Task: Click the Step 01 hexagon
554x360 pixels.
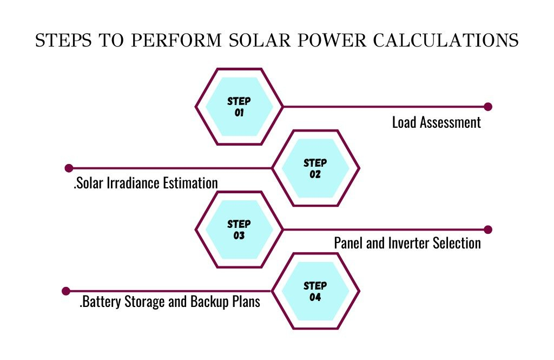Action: point(239,107)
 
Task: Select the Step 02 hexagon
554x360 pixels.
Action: point(315,168)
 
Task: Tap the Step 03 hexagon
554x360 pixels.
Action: point(239,230)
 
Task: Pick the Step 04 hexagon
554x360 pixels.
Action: point(315,291)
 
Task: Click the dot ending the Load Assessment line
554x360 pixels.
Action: point(488,107)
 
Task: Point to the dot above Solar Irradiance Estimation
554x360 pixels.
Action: point(69,168)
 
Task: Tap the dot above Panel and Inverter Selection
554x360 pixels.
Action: point(488,230)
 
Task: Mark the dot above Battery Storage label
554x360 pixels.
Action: point(67,291)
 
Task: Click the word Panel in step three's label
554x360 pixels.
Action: point(348,243)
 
